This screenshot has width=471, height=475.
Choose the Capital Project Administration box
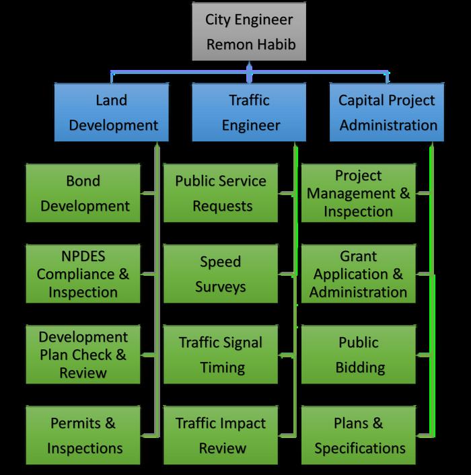click(387, 112)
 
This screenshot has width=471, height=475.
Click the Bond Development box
click(83, 193)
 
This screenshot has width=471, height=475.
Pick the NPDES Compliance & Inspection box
click(83, 274)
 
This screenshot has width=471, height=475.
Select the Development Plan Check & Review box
click(83, 354)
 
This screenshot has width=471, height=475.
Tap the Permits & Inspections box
click(83, 435)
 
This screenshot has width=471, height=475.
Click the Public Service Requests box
click(221, 193)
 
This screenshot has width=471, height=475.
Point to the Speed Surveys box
click(221, 274)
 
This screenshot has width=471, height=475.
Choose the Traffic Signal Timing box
click(221, 355)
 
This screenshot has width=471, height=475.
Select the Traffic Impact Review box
click(221, 435)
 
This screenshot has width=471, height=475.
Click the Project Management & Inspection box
click(358, 193)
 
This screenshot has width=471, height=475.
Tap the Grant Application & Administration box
click(358, 274)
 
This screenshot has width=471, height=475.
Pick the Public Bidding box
click(358, 355)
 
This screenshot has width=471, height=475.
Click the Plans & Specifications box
click(358, 435)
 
